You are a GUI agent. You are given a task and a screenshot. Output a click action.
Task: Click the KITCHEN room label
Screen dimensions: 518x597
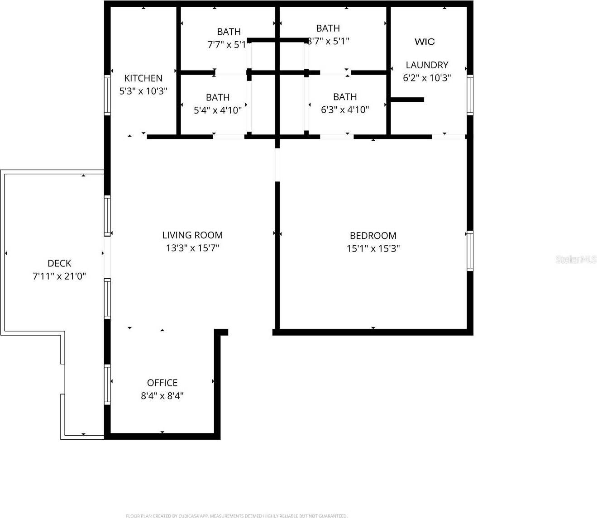(143, 78)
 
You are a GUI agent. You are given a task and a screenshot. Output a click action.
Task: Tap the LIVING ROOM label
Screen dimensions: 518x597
(192, 235)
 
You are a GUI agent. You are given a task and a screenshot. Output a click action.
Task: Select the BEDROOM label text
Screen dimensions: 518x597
(373, 236)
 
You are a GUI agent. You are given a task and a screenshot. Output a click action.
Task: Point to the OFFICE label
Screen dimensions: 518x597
(162, 383)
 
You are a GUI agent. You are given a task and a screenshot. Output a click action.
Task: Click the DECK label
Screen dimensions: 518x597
(59, 263)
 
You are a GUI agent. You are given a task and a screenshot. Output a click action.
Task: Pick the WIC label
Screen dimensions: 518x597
(425, 42)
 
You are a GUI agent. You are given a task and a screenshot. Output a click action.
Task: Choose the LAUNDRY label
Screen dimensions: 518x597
(427, 65)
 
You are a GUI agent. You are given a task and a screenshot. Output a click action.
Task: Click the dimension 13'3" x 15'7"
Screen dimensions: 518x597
(192, 248)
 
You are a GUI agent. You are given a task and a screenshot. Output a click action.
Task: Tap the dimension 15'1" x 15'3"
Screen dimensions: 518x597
(373, 248)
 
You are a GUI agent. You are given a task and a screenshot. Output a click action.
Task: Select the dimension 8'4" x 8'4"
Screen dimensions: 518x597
(162, 396)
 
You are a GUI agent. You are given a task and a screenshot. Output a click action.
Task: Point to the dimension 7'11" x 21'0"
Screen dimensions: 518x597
(59, 276)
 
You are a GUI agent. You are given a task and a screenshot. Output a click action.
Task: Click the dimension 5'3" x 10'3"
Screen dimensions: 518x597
(143, 91)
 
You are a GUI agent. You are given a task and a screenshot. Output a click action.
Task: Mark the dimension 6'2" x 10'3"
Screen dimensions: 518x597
(427, 78)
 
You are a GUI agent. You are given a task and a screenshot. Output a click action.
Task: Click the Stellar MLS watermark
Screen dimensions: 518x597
(576, 260)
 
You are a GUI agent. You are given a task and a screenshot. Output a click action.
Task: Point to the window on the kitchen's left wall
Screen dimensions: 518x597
(107, 95)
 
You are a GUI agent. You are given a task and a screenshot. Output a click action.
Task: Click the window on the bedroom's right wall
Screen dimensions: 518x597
(470, 251)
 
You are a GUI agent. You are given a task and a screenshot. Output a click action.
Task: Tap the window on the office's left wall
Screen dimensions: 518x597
(107, 384)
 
